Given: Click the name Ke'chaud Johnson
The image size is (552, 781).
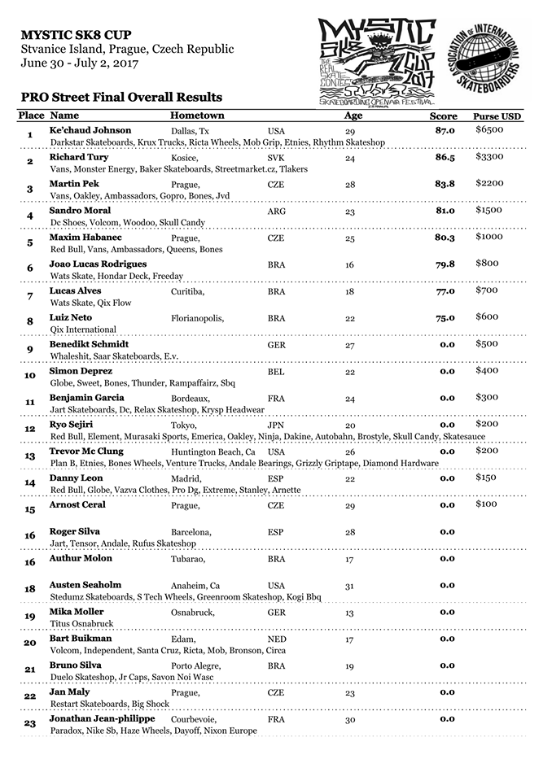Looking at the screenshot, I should (90, 130).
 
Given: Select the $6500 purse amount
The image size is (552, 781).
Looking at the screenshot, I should (489, 130).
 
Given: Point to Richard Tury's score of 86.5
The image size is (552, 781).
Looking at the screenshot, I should (445, 157).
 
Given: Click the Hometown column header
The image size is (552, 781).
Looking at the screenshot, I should (196, 116).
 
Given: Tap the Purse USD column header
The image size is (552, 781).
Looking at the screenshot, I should (497, 116).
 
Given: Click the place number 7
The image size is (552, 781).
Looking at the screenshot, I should (30, 296).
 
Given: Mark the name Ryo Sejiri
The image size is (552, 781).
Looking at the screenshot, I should (72, 425).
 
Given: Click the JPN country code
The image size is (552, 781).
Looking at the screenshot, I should (275, 425).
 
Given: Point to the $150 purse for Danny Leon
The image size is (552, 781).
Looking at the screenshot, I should (487, 478).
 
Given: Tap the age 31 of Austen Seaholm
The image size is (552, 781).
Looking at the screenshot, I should (349, 586).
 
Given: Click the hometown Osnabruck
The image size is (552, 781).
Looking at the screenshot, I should (193, 613).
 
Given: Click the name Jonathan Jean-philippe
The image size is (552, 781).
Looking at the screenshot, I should (102, 719).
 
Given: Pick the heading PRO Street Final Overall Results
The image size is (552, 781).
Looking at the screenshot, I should (122, 98).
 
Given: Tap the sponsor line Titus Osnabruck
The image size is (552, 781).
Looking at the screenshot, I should (81, 624).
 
